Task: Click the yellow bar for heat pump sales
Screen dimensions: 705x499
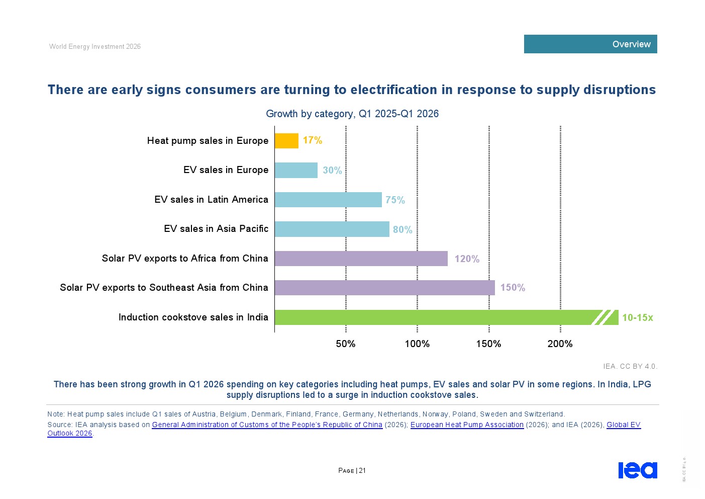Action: pyautogui.click(x=286, y=141)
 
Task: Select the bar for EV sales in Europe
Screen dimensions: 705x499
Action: pyautogui.click(x=296, y=170)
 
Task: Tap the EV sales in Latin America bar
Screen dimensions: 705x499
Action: pyautogui.click(x=328, y=200)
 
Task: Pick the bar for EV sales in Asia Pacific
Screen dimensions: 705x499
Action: pyautogui.click(x=332, y=229)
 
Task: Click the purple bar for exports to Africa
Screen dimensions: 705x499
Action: pyautogui.click(x=361, y=259)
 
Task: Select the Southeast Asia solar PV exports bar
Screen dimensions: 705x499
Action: pyautogui.click(x=384, y=288)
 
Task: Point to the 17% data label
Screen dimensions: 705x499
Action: pyautogui.click(x=312, y=140)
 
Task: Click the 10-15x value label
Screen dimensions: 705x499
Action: pyautogui.click(x=637, y=317)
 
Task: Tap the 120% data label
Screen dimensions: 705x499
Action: pyautogui.click(x=467, y=259)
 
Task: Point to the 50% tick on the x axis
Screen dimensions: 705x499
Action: pyautogui.click(x=346, y=344)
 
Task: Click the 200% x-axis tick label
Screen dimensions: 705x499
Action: pyautogui.click(x=560, y=344)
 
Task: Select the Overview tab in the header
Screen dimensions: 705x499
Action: pyautogui.click(x=590, y=44)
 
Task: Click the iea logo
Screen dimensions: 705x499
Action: pyautogui.click(x=638, y=470)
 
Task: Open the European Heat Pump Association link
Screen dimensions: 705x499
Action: pyautogui.click(x=467, y=425)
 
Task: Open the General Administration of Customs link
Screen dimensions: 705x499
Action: pyautogui.click(x=267, y=425)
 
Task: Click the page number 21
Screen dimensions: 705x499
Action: pyautogui.click(x=362, y=470)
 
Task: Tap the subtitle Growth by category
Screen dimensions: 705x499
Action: pyautogui.click(x=352, y=114)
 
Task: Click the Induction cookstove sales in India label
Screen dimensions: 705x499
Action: pyautogui.click(x=193, y=317)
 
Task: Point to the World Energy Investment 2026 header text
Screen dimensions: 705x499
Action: pyautogui.click(x=95, y=47)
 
